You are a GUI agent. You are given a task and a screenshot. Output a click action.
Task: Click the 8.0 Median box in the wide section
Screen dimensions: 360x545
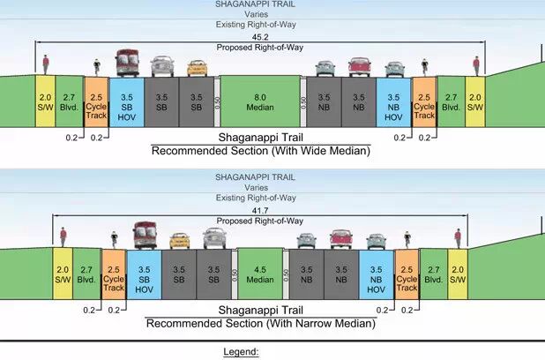[259, 101]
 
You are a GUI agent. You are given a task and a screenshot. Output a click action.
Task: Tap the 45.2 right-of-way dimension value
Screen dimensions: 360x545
[260, 38]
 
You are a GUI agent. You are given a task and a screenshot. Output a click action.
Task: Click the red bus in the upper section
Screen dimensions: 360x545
[128, 63]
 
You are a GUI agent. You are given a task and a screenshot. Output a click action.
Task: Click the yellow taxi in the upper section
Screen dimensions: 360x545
[197, 67]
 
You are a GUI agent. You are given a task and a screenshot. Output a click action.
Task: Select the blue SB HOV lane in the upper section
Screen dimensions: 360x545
[127, 102]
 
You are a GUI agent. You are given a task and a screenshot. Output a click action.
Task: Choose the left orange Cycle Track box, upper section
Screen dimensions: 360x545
[96, 102]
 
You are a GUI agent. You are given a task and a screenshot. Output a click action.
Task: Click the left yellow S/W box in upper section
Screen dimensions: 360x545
[45, 101]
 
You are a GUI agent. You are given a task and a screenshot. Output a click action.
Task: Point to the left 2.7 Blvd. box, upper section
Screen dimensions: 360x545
[69, 101]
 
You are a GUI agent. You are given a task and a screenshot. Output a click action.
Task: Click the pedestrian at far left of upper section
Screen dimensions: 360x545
[47, 64]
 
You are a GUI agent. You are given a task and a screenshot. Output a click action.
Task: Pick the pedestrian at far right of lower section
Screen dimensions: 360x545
[458, 237]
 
